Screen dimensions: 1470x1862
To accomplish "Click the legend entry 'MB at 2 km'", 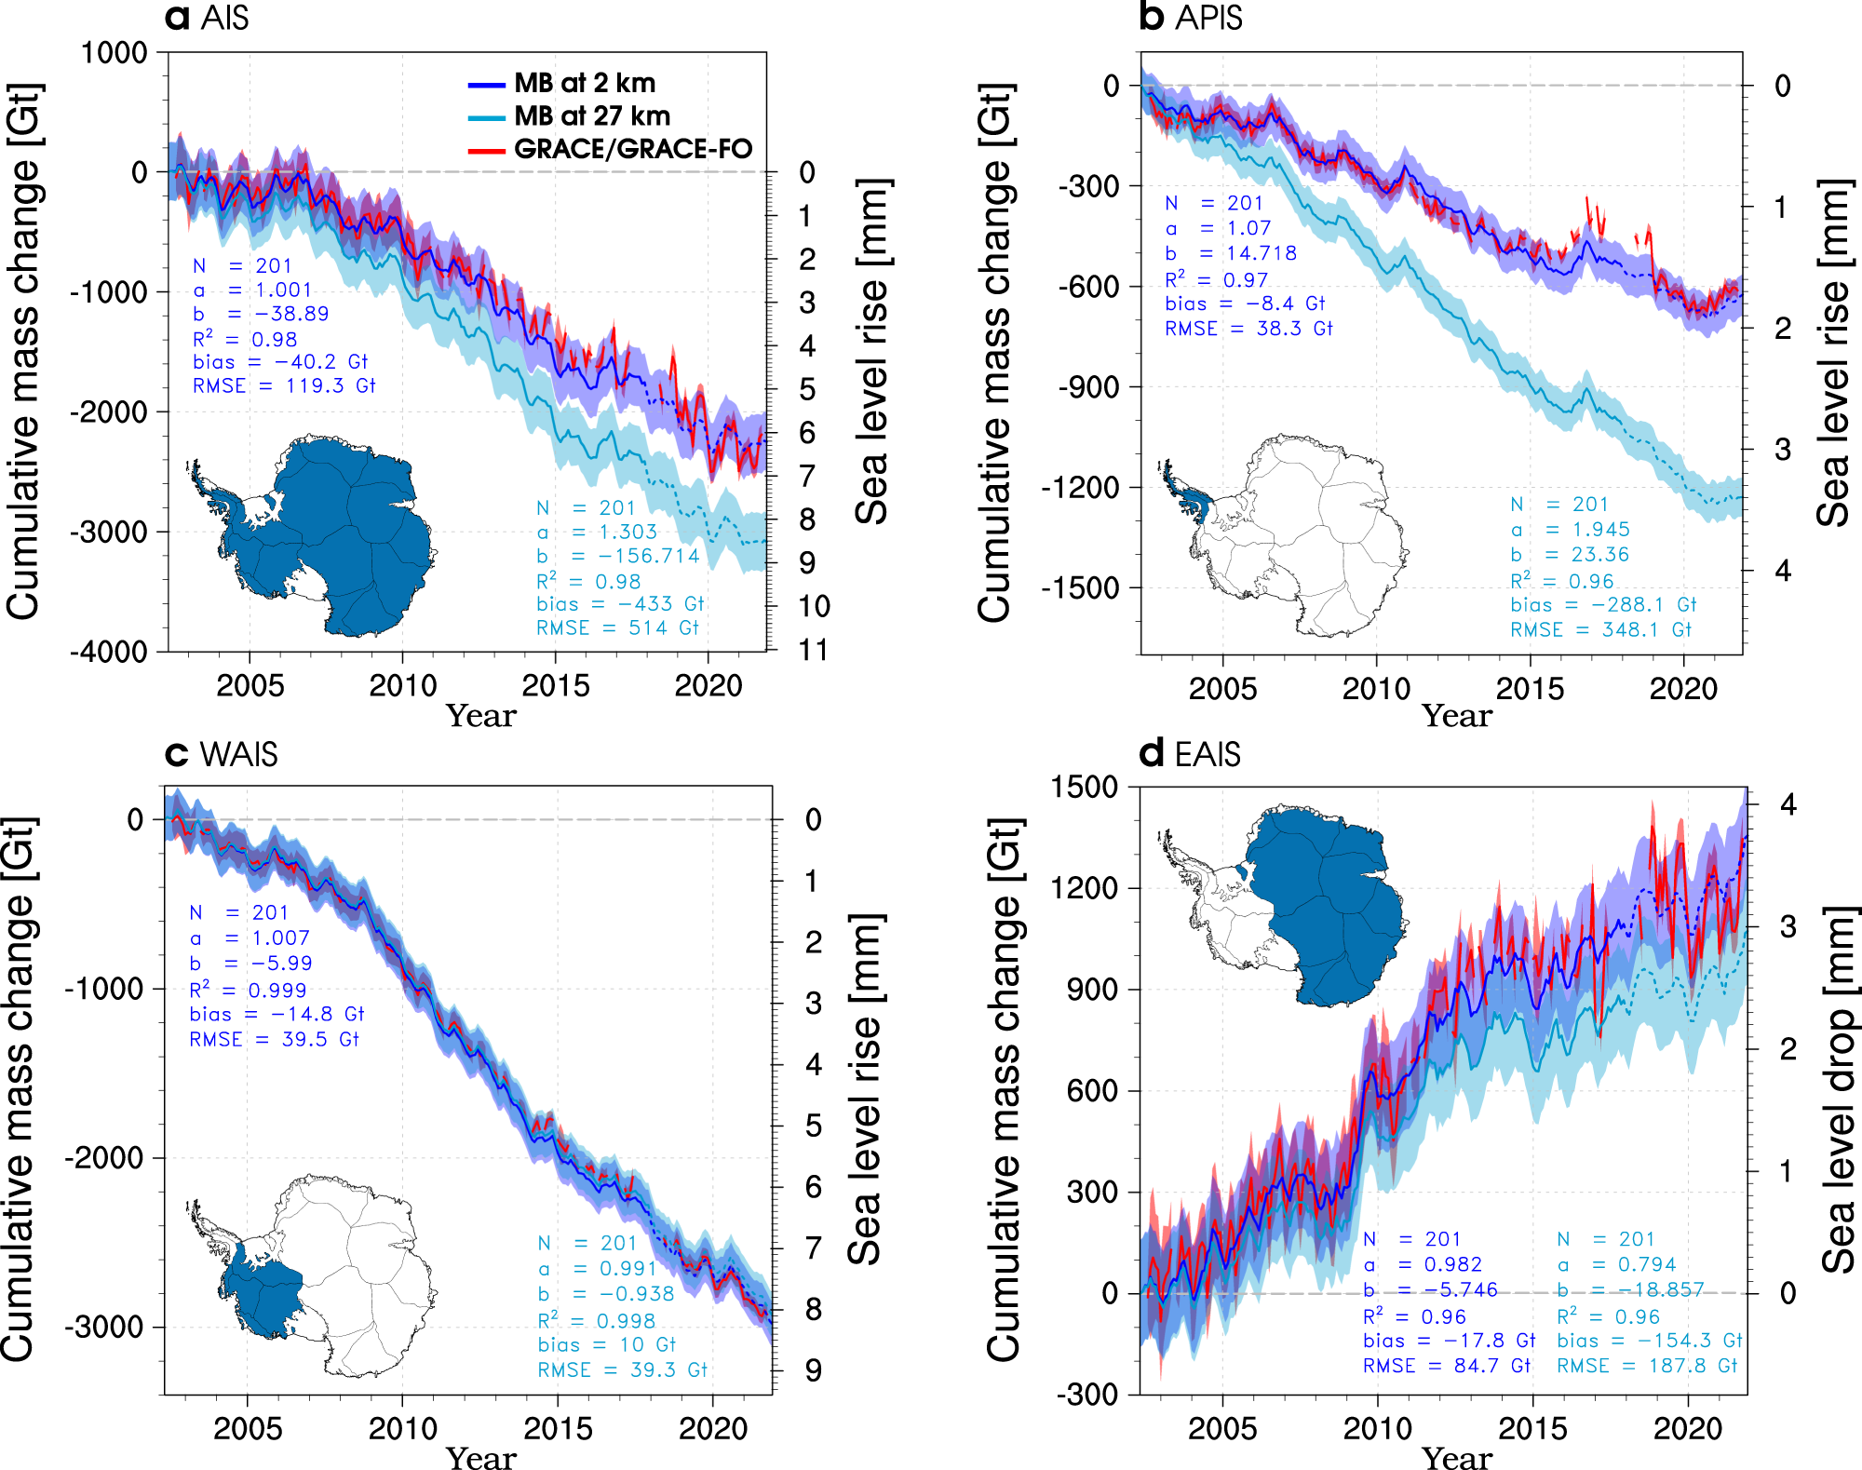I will [585, 83].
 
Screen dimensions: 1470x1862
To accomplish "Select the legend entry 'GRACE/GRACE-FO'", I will [632, 149].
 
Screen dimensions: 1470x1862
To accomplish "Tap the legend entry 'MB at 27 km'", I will [592, 116].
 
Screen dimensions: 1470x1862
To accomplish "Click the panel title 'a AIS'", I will [207, 17].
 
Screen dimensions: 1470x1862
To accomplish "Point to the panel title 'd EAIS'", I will [1190, 753].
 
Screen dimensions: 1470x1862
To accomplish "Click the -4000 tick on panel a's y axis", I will [109, 652].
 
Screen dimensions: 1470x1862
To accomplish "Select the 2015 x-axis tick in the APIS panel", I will [1530, 689].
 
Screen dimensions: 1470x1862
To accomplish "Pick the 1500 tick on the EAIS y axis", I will [1085, 788].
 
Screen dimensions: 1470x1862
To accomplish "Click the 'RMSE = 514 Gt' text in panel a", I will [616, 628].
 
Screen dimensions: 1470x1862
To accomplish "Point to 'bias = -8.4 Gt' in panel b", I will [1245, 303].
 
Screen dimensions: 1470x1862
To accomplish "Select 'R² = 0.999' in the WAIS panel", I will [248, 989].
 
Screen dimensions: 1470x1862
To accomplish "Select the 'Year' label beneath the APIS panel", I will [1456, 715].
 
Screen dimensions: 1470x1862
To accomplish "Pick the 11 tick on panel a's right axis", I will [813, 650].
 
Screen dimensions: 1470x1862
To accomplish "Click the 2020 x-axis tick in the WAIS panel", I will [712, 1428].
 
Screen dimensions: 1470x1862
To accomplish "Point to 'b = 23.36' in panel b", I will [1570, 555].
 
